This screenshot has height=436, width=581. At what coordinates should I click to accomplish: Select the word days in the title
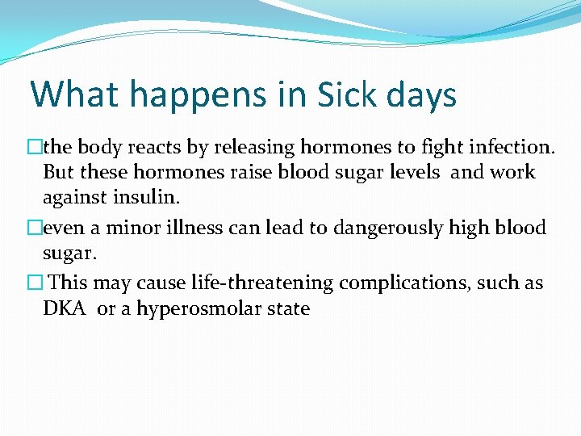point(420,96)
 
